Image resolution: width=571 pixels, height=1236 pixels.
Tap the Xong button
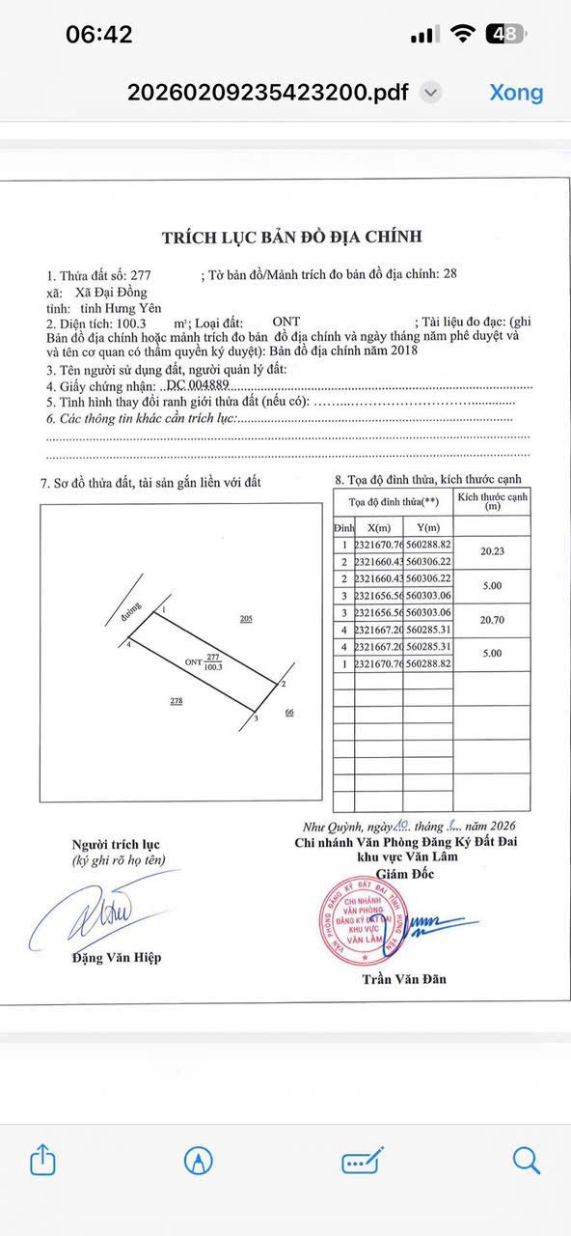516,93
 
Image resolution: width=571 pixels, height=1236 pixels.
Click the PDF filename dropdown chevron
432,94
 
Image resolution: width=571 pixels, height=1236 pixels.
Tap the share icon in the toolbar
43,1159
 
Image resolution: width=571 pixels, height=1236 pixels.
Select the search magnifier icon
526,1159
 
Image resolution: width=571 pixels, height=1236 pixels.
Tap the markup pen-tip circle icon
199,1160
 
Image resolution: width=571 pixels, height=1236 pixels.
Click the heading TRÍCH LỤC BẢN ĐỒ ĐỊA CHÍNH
291,237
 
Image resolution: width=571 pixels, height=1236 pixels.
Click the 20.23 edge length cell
491,551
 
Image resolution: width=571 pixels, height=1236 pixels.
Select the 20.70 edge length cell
491,620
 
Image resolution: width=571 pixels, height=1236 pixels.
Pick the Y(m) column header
422,527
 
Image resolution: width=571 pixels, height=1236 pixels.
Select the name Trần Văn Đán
404,979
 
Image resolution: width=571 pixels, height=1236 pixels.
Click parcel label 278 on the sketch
177,701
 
